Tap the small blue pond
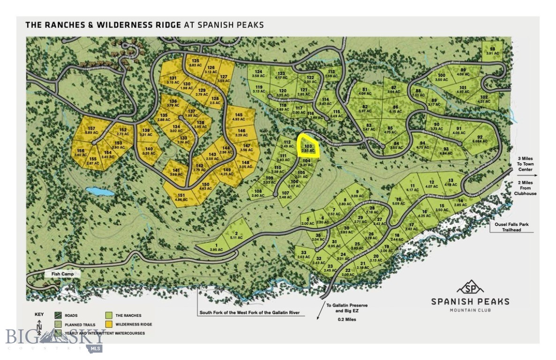(100, 192)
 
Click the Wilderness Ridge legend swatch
(108, 324)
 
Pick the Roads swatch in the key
(59, 315)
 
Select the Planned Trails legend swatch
(59, 324)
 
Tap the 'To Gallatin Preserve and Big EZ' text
(347, 308)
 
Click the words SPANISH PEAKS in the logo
(470, 301)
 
